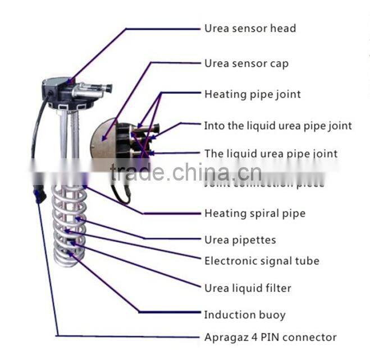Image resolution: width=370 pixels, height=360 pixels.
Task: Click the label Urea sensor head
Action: coord(250,28)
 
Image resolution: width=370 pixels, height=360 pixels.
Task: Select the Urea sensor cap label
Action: coord(246,63)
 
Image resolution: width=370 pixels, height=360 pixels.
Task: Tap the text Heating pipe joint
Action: coord(252,94)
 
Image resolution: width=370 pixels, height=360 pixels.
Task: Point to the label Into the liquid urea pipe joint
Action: coord(277,126)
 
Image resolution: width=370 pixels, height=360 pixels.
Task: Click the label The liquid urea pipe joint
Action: coord(271,154)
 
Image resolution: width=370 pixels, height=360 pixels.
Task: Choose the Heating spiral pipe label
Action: coord(254,213)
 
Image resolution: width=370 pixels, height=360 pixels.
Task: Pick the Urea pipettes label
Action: coord(240,240)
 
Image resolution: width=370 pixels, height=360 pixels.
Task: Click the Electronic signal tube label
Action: coord(262,261)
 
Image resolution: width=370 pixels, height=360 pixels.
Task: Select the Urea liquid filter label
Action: coord(248,288)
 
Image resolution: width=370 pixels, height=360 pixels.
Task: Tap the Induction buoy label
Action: coord(244,315)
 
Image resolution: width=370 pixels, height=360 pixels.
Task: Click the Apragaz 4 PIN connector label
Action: coord(270,337)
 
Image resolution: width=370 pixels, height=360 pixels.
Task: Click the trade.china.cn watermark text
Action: coord(185,172)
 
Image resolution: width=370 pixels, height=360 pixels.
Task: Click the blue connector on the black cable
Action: coord(39,195)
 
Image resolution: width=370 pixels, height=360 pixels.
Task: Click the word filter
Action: coord(278,288)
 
